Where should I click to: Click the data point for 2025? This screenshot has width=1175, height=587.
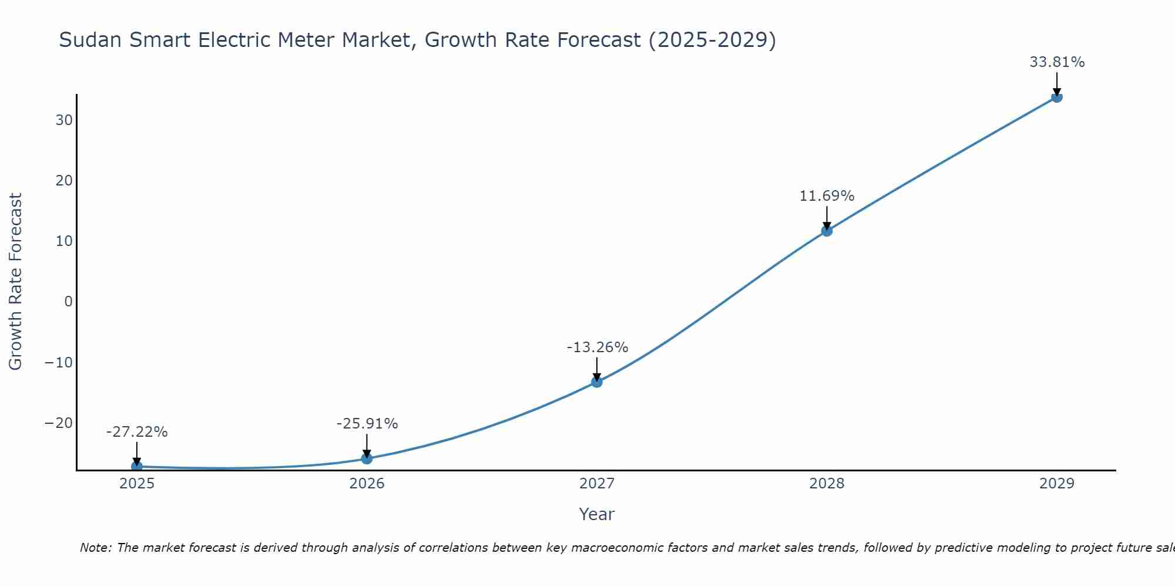137,467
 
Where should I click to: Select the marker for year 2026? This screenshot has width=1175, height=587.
367,458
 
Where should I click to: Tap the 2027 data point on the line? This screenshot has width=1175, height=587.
597,382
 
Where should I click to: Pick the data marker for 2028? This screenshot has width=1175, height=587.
827,231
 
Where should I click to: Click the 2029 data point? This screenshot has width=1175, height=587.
1057,97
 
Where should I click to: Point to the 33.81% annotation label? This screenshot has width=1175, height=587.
1057,62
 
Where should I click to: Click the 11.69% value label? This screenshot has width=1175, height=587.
827,196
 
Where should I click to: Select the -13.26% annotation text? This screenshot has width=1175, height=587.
597,348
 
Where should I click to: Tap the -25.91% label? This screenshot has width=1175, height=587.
367,424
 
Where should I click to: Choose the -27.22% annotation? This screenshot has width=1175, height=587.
137,432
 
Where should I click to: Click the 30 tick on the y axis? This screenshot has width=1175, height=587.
64,120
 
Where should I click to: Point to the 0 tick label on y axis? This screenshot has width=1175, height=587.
69,302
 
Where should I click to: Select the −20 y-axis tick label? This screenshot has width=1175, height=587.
59,423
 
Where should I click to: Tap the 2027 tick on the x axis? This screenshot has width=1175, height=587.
597,484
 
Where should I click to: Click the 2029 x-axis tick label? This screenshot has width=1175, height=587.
1057,484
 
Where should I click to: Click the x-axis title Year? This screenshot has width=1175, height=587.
597,514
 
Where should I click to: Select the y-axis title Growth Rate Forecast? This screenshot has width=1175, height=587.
16,282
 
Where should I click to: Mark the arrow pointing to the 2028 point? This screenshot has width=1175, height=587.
827,218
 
